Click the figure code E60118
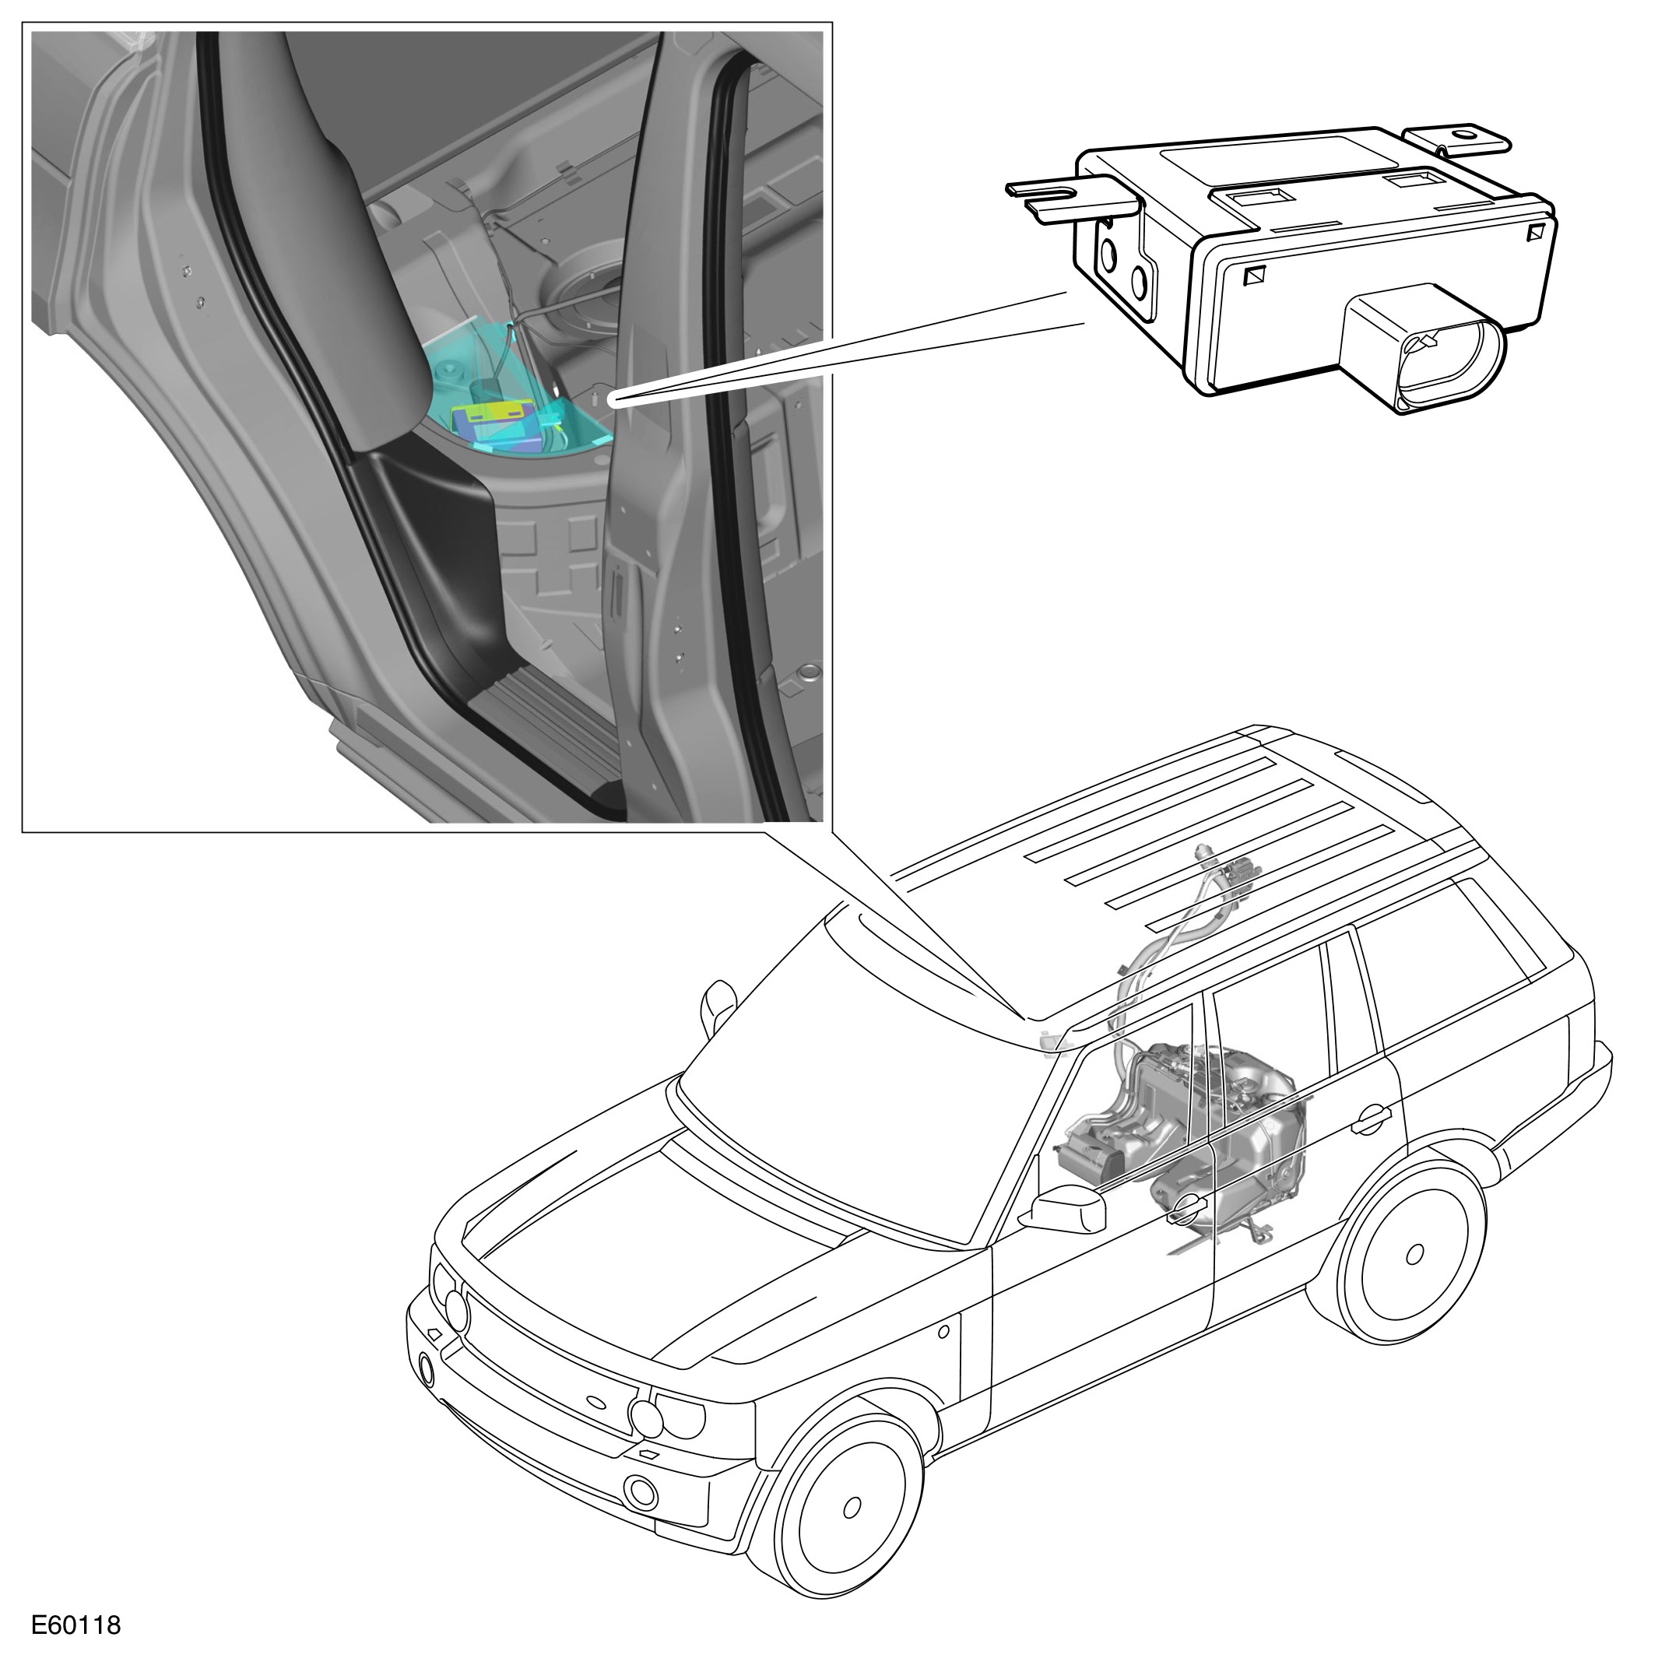[x=76, y=1625]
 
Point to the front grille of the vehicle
[x=552, y=1358]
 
